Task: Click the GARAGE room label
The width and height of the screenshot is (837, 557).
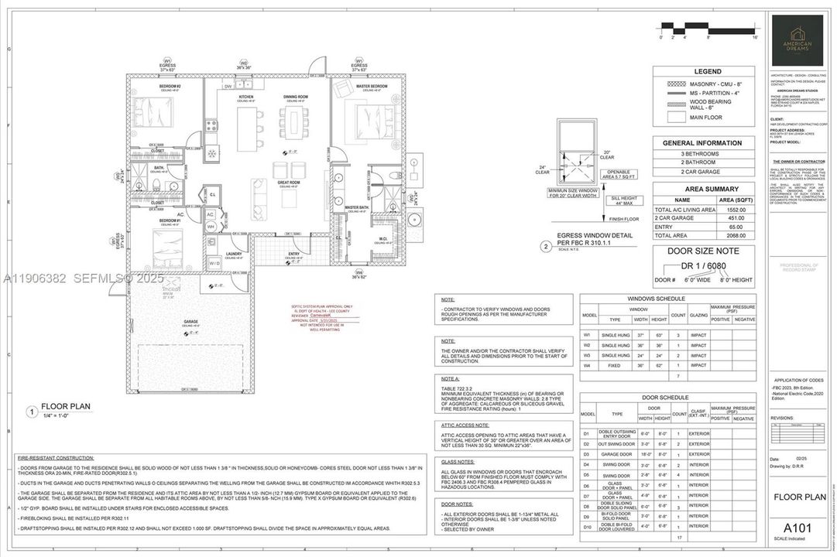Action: click(190, 321)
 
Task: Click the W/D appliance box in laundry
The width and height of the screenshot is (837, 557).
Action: click(214, 264)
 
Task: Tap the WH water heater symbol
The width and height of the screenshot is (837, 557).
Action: click(210, 226)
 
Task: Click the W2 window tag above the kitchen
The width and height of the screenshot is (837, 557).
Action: click(244, 63)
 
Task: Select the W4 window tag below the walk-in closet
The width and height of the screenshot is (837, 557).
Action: click(358, 273)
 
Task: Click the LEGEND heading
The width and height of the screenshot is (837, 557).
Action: click(708, 71)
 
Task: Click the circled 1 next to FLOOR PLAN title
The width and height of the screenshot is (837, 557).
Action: click(32, 412)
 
